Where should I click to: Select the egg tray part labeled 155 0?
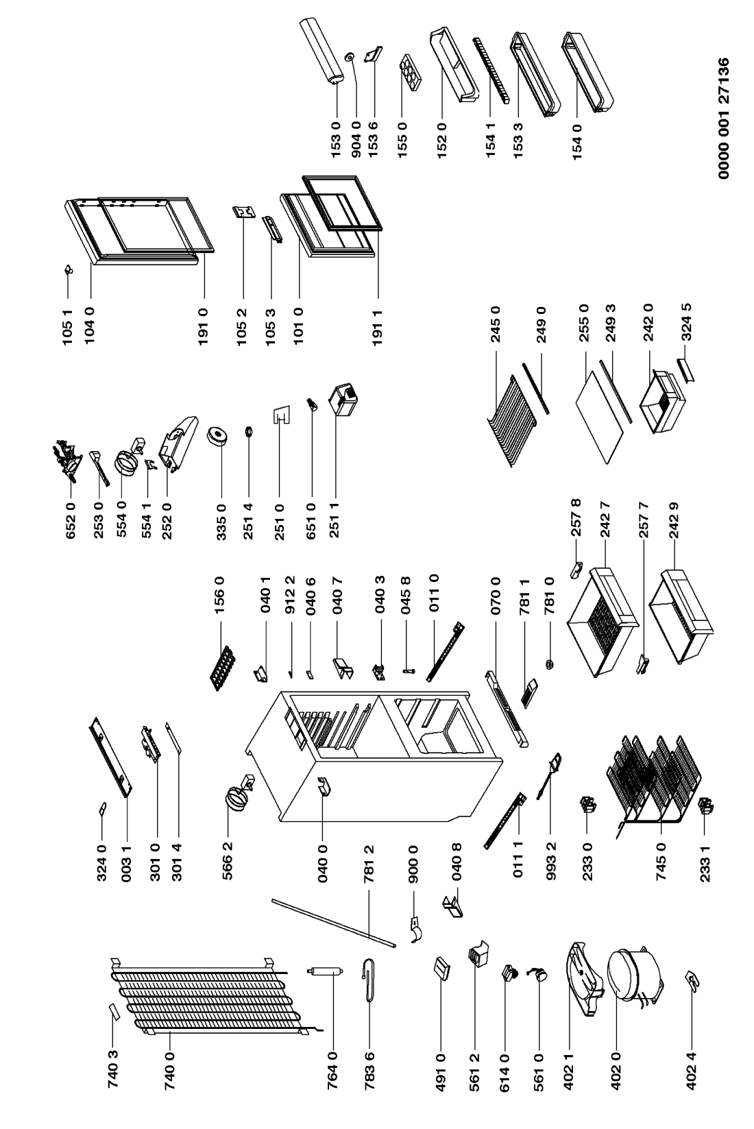(409, 74)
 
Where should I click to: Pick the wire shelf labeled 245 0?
(518, 420)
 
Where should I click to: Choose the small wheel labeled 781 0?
(550, 665)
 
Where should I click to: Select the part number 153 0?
(336, 139)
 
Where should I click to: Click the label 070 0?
(495, 596)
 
